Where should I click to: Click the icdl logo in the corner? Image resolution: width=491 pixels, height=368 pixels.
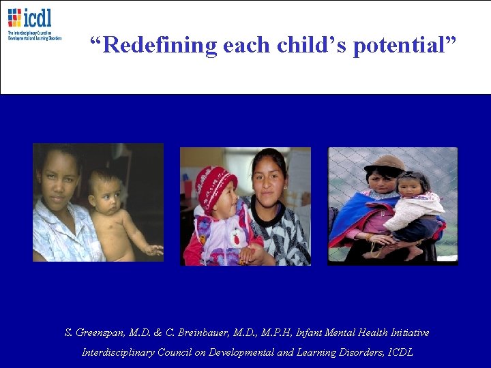tap(33, 24)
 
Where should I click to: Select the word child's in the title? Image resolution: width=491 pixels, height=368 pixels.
tap(314, 46)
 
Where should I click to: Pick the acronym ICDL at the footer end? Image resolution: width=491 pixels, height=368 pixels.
tap(401, 352)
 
